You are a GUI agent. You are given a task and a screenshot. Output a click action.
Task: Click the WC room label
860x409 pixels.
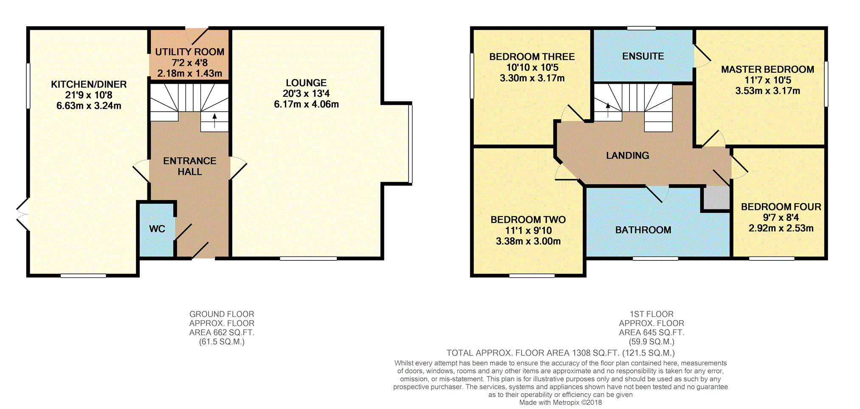click(x=157, y=229)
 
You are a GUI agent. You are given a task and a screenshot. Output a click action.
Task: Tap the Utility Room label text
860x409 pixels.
click(x=189, y=52)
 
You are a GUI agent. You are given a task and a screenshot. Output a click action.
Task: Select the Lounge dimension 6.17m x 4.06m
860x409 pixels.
click(x=306, y=104)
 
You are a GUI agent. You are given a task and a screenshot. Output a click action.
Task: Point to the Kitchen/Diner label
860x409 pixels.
click(x=89, y=84)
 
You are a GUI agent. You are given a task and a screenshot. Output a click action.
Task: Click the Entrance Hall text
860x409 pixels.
click(x=189, y=166)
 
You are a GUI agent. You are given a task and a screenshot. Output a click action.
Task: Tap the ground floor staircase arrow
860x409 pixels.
click(x=214, y=120)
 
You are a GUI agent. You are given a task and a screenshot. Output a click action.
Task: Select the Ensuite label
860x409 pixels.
click(x=643, y=56)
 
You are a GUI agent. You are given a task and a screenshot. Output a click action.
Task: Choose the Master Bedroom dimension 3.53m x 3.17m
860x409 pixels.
click(x=767, y=91)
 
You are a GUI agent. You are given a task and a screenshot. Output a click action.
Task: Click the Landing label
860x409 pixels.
click(x=627, y=155)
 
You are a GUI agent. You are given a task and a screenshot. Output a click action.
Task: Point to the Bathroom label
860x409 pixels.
click(x=643, y=230)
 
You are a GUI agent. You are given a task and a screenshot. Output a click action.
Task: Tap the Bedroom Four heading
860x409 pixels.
click(x=781, y=207)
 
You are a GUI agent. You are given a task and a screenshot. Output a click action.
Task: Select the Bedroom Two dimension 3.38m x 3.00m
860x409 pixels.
click(x=528, y=241)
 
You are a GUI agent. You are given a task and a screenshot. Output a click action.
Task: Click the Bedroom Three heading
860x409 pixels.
click(x=532, y=56)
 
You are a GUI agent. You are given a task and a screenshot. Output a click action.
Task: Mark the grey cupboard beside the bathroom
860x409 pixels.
click(x=716, y=198)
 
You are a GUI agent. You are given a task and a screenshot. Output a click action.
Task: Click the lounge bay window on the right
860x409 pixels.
click(x=410, y=144)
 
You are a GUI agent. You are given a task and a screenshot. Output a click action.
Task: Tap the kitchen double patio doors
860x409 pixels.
click(x=22, y=214)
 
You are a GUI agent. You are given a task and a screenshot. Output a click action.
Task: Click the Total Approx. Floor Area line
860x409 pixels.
click(x=560, y=353)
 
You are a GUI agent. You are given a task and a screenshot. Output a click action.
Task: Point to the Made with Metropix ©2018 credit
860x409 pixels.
click(x=560, y=402)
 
